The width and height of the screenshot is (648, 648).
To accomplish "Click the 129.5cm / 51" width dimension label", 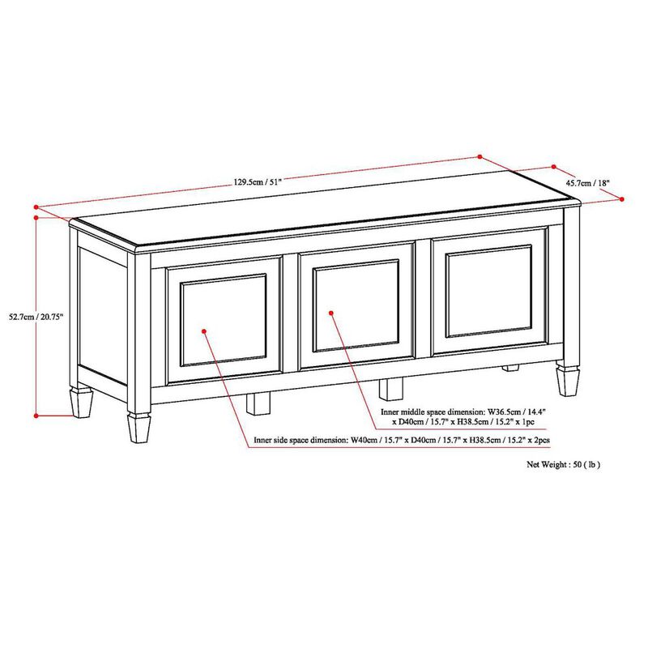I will click(258, 183).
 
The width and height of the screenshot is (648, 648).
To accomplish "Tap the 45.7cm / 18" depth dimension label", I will click(588, 183).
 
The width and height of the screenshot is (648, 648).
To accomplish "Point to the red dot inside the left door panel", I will click(204, 330).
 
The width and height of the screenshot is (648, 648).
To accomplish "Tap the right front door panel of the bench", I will click(489, 292).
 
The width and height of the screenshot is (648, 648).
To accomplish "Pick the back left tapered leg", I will click(81, 400).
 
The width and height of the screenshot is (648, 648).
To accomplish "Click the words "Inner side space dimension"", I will click(301, 441).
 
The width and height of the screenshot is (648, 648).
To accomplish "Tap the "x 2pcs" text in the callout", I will click(539, 441).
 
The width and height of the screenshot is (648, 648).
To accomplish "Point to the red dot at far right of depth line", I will click(621, 198).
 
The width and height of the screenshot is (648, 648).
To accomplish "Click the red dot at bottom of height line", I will click(36, 416).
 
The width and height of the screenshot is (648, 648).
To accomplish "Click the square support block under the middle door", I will click(391, 390).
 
